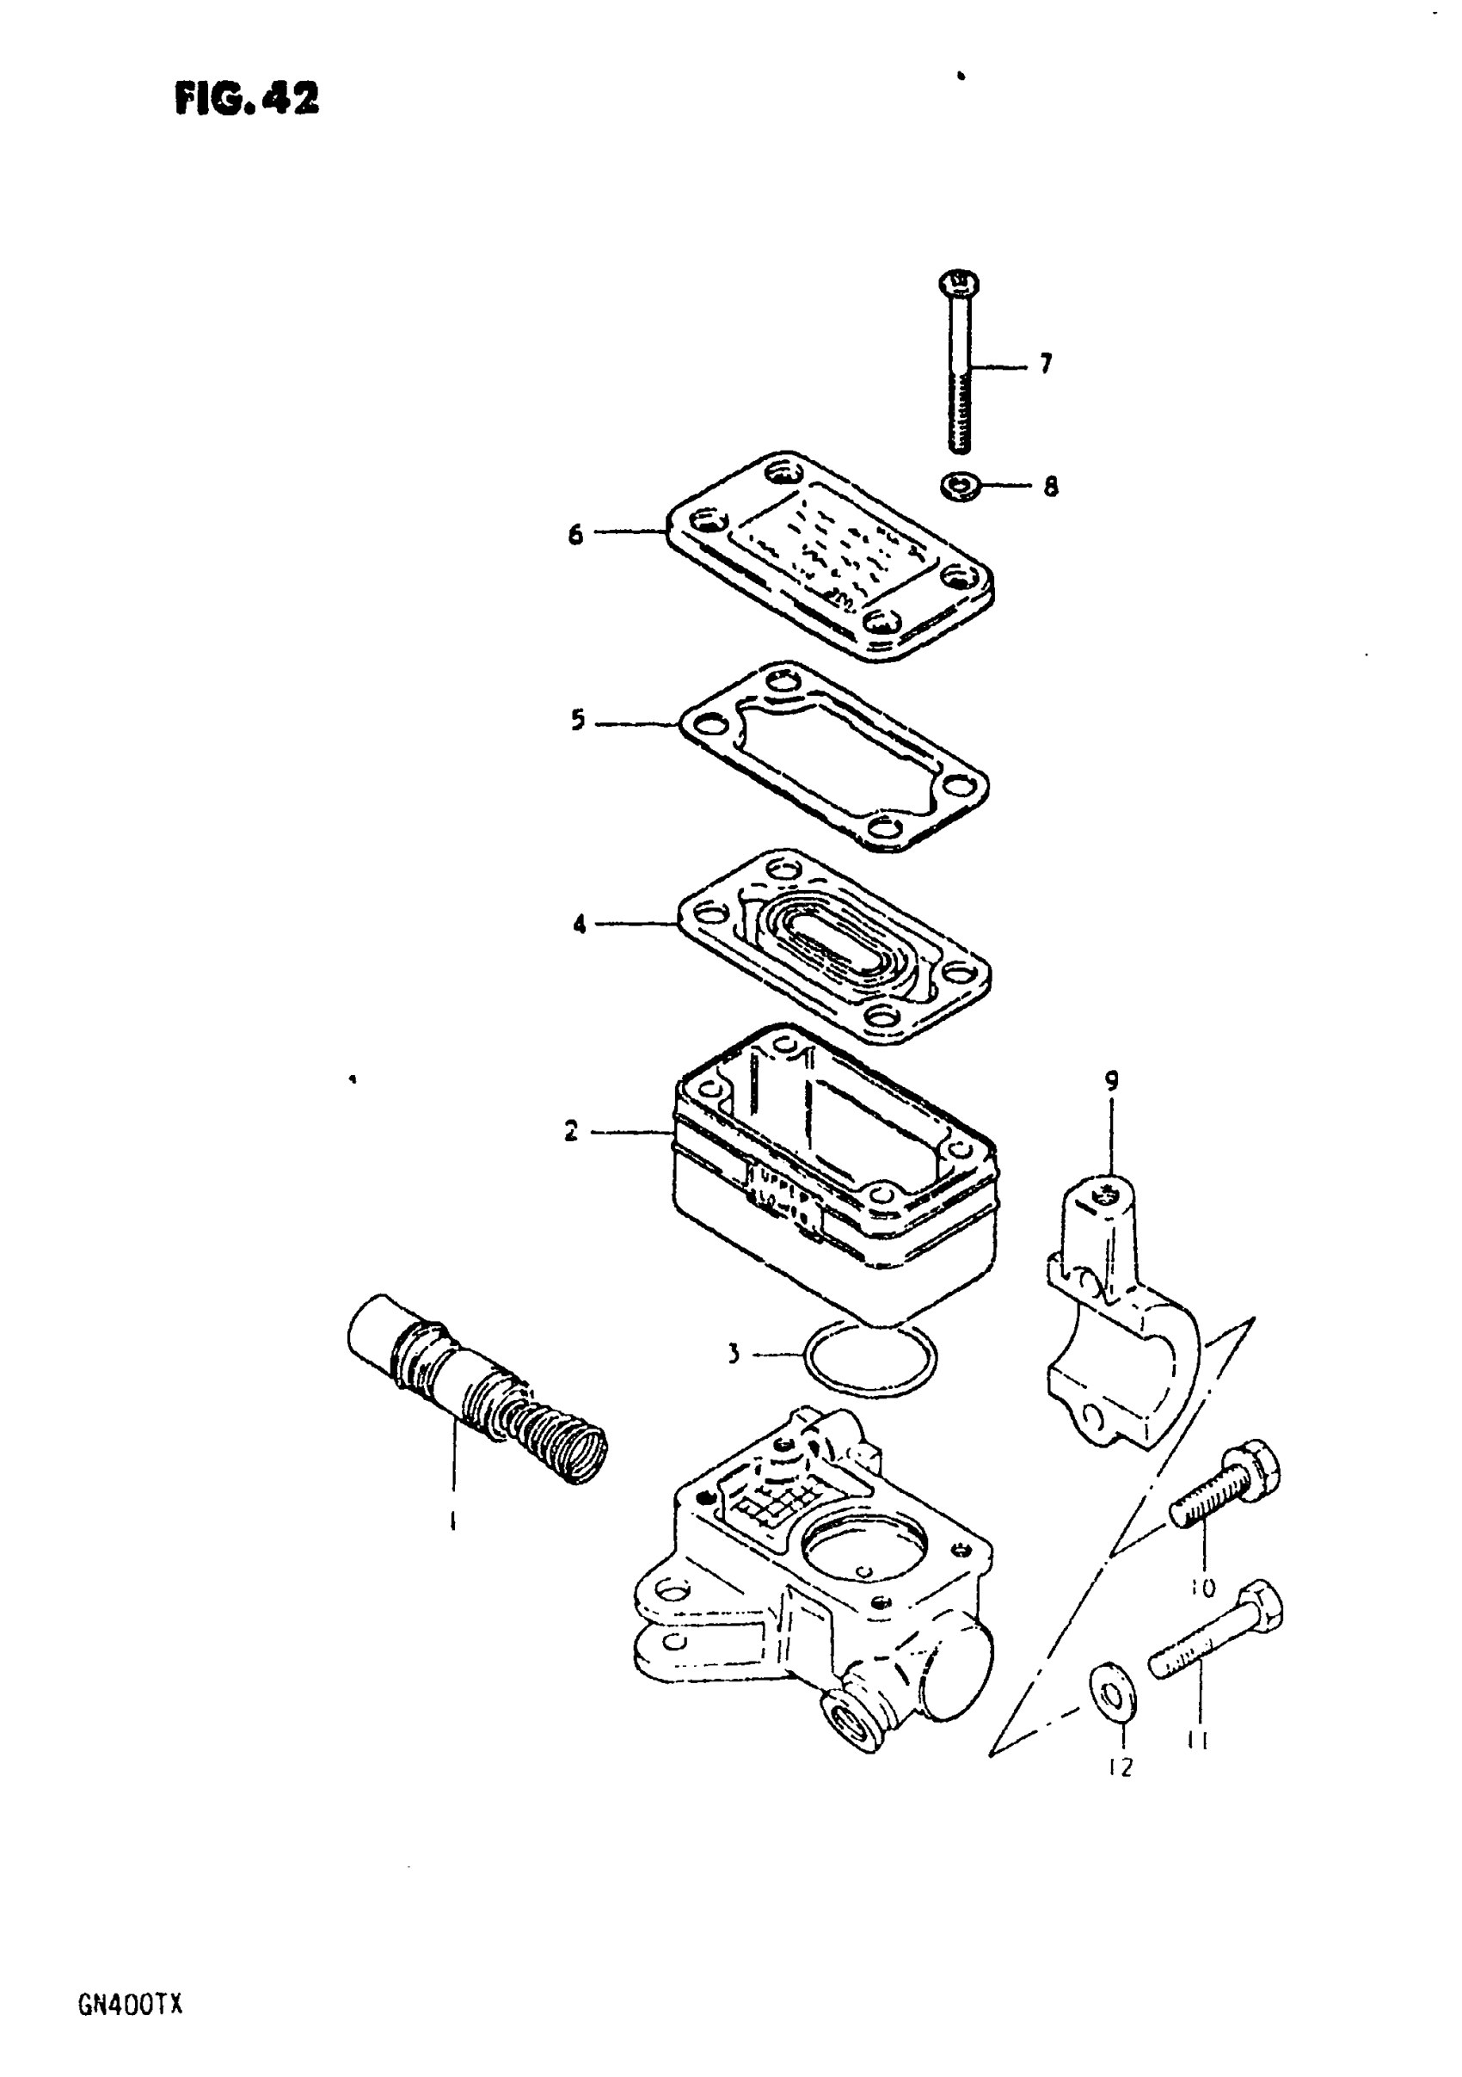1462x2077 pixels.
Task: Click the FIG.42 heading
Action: click(247, 98)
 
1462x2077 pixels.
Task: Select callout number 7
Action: click(1046, 365)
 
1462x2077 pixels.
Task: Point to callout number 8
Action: click(1050, 487)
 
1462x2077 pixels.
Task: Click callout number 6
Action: click(575, 535)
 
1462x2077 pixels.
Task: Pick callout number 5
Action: click(578, 722)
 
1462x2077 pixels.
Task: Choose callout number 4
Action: click(579, 925)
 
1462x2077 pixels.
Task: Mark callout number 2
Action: click(571, 1132)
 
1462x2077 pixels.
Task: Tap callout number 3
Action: click(734, 1380)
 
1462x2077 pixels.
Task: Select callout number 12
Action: click(1120, 1767)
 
